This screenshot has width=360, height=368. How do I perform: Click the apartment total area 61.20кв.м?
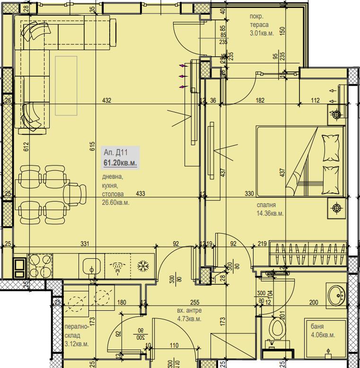[x=121, y=163]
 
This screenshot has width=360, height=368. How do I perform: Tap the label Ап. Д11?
[x=116, y=153]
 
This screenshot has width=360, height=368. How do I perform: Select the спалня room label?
[x=266, y=205]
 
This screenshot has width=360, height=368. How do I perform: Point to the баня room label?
[x=318, y=326]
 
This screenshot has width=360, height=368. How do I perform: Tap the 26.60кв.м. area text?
[x=115, y=202]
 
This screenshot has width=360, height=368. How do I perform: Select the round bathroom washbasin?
[x=337, y=296]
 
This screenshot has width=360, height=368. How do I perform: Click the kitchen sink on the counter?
[x=90, y=266]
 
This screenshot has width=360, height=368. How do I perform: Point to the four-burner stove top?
[x=40, y=266]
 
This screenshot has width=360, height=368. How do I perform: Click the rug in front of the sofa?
[x=66, y=85]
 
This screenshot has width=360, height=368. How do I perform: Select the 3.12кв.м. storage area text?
[x=76, y=344]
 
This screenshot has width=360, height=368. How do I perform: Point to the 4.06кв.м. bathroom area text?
[x=323, y=335]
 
